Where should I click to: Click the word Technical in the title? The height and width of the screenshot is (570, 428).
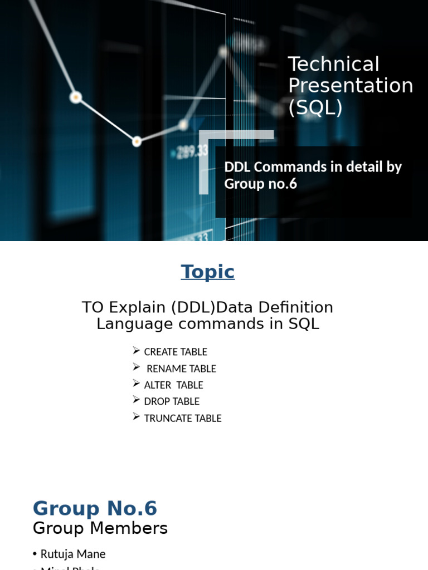pos(333,65)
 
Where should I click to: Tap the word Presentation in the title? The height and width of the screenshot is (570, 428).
pos(351,86)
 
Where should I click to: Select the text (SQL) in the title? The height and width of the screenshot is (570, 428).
pos(315,107)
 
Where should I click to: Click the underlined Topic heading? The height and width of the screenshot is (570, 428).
pos(207,272)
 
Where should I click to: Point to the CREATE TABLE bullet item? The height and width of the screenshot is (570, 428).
pos(176,352)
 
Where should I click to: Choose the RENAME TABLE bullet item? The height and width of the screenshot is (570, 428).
pos(181,368)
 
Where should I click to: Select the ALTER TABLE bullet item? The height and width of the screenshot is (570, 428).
pos(173,385)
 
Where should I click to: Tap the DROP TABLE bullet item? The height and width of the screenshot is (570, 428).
pos(172,401)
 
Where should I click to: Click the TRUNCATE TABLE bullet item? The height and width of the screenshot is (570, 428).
pos(183,418)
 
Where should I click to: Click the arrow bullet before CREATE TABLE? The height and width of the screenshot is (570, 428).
pos(137,351)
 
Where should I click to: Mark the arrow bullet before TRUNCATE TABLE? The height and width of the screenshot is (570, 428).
pos(137,417)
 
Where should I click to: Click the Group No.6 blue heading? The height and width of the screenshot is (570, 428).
pos(95,509)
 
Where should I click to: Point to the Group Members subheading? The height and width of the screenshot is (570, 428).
pos(100,528)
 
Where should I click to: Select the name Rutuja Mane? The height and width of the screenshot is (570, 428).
pos(72,554)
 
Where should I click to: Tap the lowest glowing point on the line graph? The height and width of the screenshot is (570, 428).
pos(137,142)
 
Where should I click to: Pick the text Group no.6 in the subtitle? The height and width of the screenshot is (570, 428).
pos(260,184)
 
